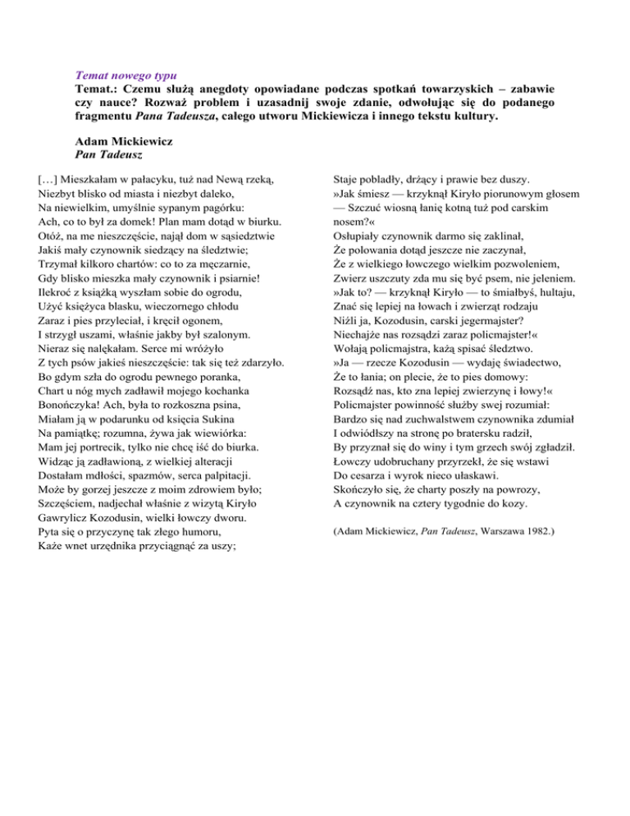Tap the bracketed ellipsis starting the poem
[48, 177]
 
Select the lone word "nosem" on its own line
[352, 222]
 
